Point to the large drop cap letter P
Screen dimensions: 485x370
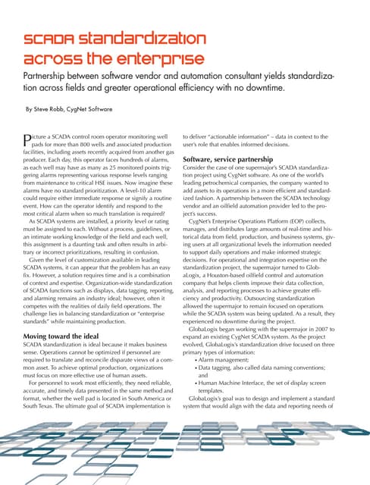tap(31, 139)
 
